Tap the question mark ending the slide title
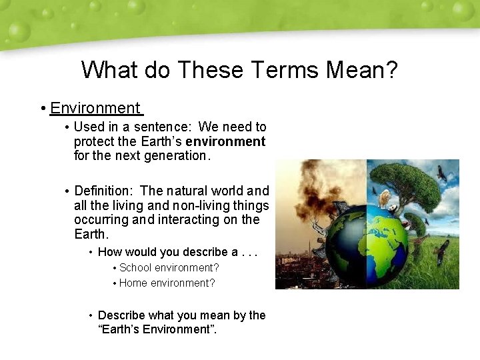[391, 69]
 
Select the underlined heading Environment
[95, 108]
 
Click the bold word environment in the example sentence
[225, 141]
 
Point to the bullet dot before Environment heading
[42, 109]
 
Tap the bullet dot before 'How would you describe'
[90, 252]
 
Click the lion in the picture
[385, 198]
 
